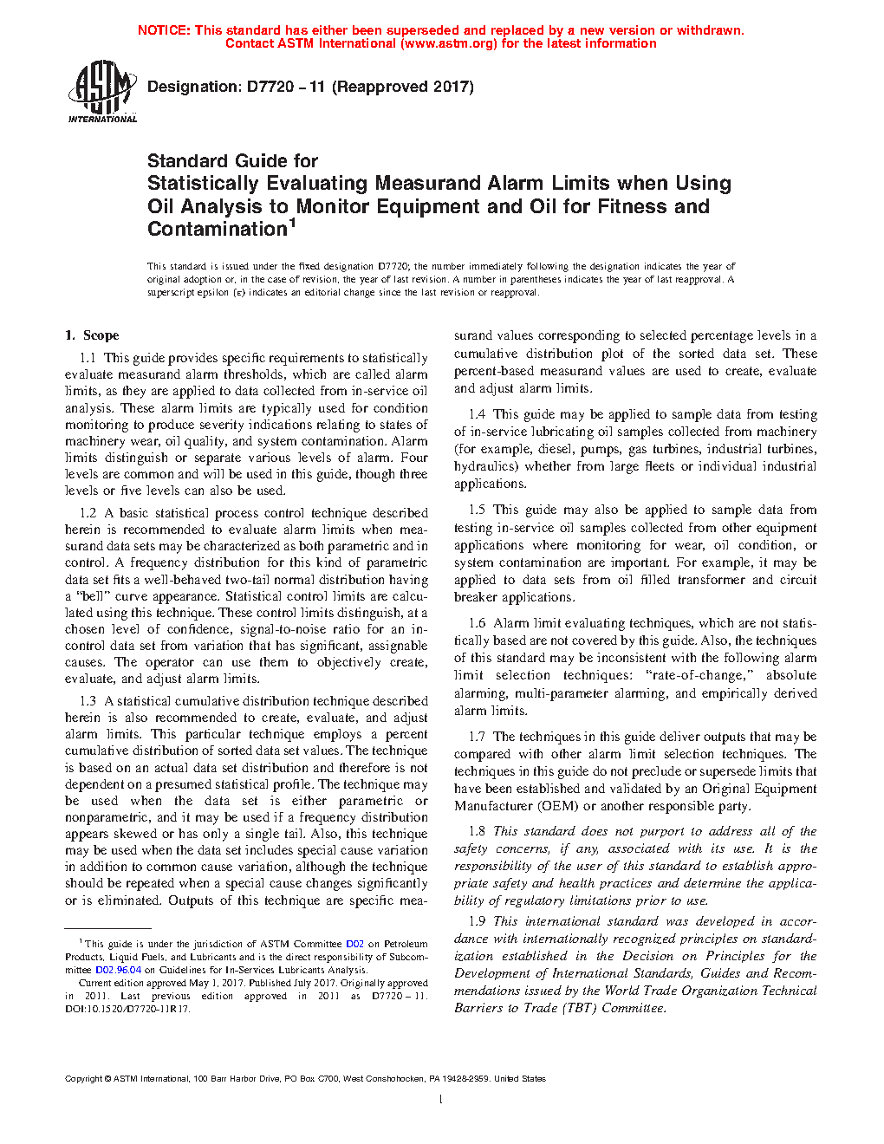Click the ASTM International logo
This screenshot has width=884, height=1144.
point(102,91)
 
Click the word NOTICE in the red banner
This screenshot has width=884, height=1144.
point(164,30)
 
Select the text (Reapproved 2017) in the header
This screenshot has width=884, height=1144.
point(403,87)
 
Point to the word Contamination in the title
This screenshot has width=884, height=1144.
point(217,230)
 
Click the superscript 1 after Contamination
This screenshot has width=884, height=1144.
point(293,224)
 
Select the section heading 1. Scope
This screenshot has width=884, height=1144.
point(92,335)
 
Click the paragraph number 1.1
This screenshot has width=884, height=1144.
point(88,358)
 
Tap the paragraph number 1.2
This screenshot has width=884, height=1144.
point(88,513)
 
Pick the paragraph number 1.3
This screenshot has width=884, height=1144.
point(88,701)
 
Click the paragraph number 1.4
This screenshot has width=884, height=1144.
point(477,414)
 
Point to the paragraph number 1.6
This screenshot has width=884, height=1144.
point(477,623)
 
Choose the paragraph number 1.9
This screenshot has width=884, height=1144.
point(477,921)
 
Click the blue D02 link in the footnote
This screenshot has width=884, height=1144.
point(354,945)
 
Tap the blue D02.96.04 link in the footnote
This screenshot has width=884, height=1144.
point(118,971)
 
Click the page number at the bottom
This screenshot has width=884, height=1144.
point(440,1100)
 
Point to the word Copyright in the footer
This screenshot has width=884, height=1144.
point(83,1079)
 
